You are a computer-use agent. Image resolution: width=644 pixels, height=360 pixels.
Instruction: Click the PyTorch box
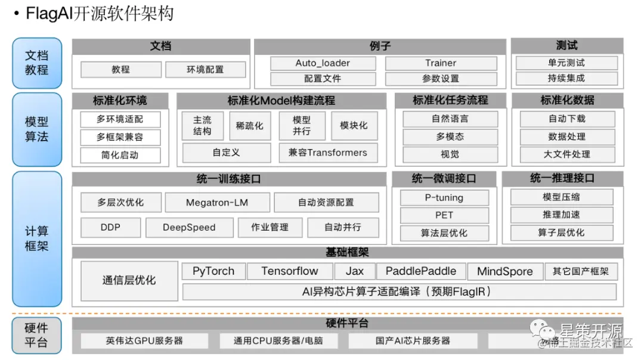pyautogui.click(x=213, y=271)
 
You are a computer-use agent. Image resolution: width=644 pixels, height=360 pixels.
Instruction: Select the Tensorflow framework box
pyautogui.click(x=290, y=271)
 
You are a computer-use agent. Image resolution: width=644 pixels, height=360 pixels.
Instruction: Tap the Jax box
pyautogui.click(x=354, y=271)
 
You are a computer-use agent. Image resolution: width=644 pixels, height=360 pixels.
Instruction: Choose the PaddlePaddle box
pyautogui.click(x=421, y=271)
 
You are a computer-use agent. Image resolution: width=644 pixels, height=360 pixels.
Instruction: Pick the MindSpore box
pyautogui.click(x=504, y=272)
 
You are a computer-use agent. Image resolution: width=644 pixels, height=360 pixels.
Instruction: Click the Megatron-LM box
pyautogui.click(x=217, y=203)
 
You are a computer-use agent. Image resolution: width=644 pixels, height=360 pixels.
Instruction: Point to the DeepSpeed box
pyautogui.click(x=189, y=227)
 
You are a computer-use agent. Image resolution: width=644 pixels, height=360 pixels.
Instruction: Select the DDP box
pyautogui.click(x=110, y=227)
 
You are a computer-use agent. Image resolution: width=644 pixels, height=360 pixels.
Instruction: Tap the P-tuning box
pyautogui.click(x=444, y=198)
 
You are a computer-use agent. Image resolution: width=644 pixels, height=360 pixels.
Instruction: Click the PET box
pyautogui.click(x=444, y=215)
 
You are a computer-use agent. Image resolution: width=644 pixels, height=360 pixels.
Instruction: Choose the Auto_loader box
pyautogui.click(x=323, y=63)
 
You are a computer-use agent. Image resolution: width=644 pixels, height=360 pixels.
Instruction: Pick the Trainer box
pyautogui.click(x=441, y=63)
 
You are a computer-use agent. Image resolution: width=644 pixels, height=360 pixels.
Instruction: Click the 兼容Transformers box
pyautogui.click(x=328, y=153)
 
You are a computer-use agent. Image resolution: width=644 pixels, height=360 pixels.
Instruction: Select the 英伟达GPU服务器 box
pyautogui.click(x=145, y=341)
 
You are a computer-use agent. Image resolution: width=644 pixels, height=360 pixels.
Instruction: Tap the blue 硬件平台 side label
pyautogui.click(x=36, y=336)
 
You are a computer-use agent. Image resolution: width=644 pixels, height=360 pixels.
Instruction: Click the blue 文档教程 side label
pyautogui.click(x=36, y=63)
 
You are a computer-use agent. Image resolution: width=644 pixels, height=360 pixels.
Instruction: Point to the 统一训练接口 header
pyautogui.click(x=228, y=178)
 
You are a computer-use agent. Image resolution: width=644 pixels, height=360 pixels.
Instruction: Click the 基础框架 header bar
pyautogui.click(x=347, y=253)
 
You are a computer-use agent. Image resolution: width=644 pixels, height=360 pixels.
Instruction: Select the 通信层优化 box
pyautogui.click(x=129, y=280)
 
